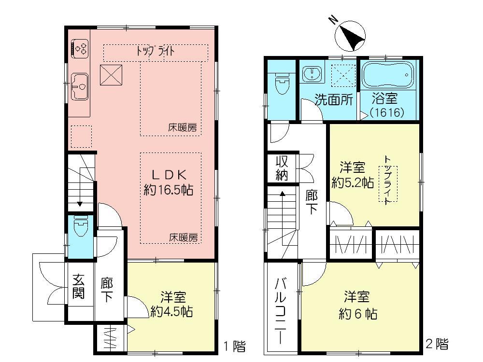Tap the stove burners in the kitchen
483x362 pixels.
[x=80, y=48]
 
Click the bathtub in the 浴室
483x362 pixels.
[x=388, y=77]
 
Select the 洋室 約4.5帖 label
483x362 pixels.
[x=171, y=304]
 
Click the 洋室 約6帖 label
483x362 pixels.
[x=357, y=305]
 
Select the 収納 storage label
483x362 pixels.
[x=282, y=168]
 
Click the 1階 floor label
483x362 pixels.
[x=234, y=346]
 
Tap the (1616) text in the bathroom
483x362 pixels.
[x=386, y=112]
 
